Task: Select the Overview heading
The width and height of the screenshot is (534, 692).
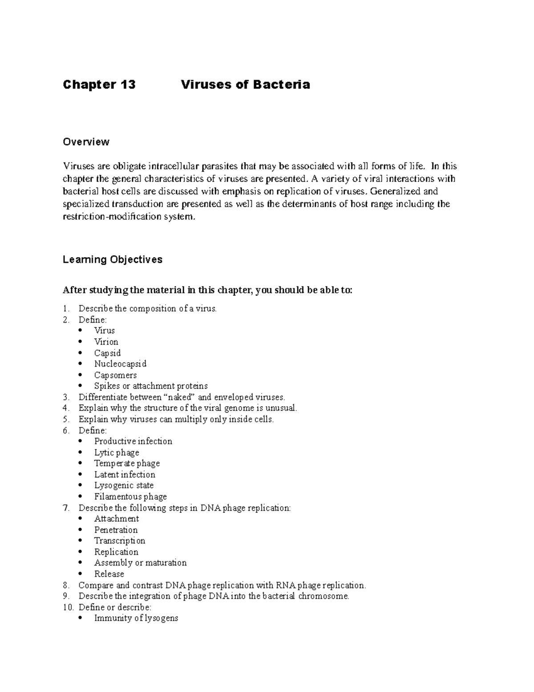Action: click(86, 142)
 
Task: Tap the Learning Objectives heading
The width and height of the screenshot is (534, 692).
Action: click(113, 259)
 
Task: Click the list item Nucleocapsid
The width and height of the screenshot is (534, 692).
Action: click(120, 364)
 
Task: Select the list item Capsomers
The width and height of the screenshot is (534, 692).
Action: click(115, 375)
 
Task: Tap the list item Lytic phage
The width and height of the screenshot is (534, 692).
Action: click(117, 453)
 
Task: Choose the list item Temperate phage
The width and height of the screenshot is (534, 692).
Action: click(127, 463)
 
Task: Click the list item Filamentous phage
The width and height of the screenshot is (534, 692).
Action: click(130, 496)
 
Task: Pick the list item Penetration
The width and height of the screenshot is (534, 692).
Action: click(116, 530)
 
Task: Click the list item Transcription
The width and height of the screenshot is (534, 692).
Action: click(120, 541)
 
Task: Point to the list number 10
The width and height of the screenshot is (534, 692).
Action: click(68, 607)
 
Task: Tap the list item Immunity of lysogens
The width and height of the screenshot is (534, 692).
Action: click(136, 618)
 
